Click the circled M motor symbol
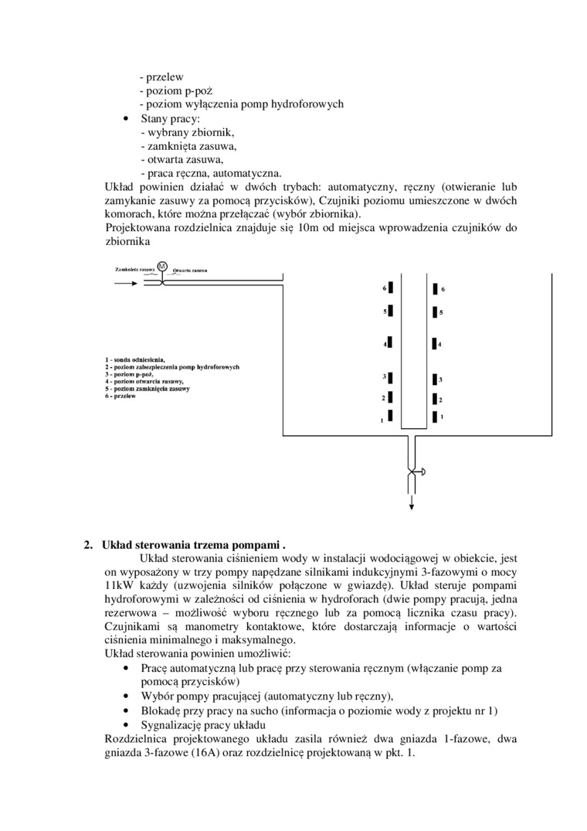pyautogui.click(x=162, y=267)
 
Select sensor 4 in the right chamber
pyautogui.click(x=434, y=343)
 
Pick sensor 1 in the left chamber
pyautogui.click(x=391, y=416)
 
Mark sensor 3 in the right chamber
pyautogui.click(x=434, y=380)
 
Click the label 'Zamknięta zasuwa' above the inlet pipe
pyautogui.click(x=134, y=270)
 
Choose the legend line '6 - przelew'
pyautogui.click(x=120, y=396)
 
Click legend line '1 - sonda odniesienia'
pyautogui.click(x=135, y=360)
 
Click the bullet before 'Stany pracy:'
pyautogui.click(x=126, y=119)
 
